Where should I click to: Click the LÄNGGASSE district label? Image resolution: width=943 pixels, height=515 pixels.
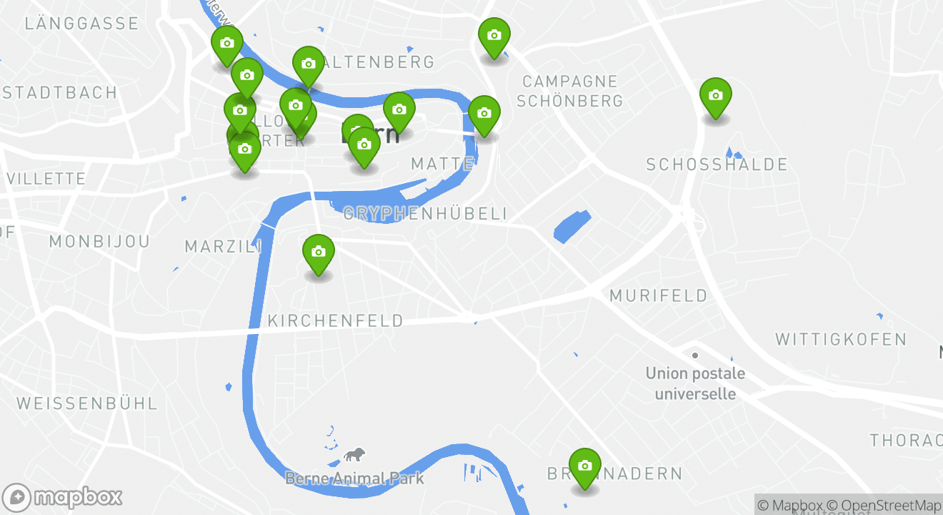pos(81,24)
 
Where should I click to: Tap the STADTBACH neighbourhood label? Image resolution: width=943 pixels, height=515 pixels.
pos(60,93)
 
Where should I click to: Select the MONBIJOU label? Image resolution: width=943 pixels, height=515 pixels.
pos(100,242)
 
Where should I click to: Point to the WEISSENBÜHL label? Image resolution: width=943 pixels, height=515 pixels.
pos(86,403)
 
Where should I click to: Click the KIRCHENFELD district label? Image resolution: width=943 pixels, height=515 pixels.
pos(335,321)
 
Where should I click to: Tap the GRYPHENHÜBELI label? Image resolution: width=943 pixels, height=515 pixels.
pos(426,214)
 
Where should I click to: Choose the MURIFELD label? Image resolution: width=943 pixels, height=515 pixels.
pos(658,295)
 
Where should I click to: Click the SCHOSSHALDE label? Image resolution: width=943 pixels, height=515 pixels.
pos(717,165)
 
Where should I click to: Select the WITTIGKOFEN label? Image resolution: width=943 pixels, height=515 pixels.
pos(841,339)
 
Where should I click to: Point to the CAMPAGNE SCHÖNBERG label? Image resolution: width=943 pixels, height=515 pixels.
pos(569,91)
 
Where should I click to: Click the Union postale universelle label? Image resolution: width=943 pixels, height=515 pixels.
pos(695,383)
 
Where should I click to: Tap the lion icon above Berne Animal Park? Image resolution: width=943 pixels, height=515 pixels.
pos(354,454)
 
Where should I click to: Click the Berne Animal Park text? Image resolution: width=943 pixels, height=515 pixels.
pos(354,479)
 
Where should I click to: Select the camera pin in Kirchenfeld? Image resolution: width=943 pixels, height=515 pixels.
pos(319,252)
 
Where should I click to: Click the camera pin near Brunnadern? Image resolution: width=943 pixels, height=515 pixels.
pos(585,466)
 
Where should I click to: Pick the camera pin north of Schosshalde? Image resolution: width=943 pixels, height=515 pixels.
pos(715,96)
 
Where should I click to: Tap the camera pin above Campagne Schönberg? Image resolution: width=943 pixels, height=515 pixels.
pos(494,36)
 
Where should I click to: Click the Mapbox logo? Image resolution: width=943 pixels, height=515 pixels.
pos(63,497)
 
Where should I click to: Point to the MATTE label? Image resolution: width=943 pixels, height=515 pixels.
pos(442,165)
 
